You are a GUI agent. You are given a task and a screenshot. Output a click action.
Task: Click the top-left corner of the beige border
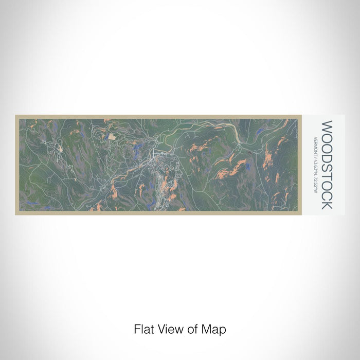16,116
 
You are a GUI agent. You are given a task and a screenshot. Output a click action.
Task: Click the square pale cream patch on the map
112,137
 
